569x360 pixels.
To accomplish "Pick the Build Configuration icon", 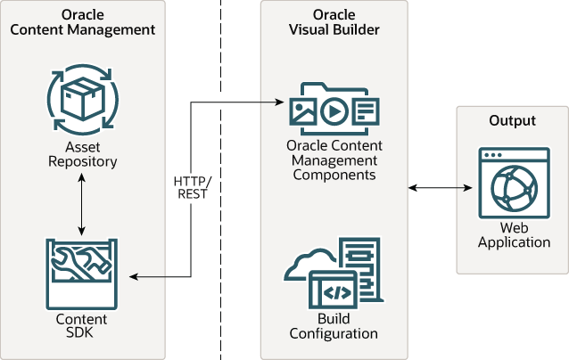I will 334,272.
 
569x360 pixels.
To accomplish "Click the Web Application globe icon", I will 513,184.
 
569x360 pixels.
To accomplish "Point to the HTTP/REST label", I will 190,187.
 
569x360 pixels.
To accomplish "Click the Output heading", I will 512,120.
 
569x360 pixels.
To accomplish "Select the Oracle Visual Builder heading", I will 334,23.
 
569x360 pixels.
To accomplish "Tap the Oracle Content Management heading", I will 82,23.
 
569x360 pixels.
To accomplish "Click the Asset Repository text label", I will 82,154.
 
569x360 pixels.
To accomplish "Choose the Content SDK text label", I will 82,326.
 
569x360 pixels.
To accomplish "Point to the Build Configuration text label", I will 334,326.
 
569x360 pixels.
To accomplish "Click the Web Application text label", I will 513,235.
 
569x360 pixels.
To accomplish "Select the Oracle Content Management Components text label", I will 334,160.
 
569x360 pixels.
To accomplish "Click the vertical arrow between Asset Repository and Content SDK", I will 82,203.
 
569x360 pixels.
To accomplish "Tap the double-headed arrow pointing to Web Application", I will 439,187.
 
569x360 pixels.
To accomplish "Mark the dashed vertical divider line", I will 220,267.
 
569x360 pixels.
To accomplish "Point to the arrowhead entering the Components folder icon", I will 279,102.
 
